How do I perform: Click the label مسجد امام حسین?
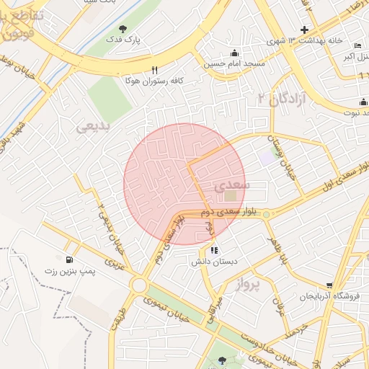click(234, 63)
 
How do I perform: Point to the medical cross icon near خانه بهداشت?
click(304, 30)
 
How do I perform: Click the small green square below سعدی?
click(231, 196)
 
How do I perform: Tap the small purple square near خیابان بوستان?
click(267, 156)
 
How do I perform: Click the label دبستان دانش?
click(214, 263)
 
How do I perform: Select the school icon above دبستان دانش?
click(214, 251)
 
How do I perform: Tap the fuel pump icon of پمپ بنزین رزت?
click(69, 259)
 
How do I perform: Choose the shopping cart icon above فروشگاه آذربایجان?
click(329, 285)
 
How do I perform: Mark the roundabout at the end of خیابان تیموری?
click(139, 286)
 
